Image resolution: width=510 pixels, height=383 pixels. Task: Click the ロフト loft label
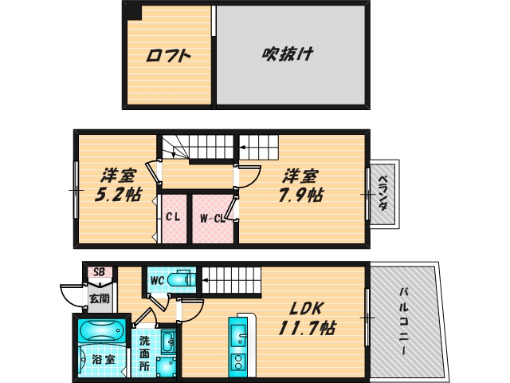pos(169,56)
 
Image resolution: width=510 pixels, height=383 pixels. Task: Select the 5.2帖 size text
pos(116,194)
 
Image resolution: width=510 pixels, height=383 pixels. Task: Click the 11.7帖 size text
pos(307,328)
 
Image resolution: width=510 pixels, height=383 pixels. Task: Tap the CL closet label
pos(173,217)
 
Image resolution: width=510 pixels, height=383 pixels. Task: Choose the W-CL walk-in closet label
pos(211,217)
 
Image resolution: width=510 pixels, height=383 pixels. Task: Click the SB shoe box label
pos(99,272)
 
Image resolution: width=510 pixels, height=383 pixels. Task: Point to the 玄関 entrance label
pos(99,298)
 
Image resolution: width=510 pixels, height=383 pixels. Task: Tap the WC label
pos(156,279)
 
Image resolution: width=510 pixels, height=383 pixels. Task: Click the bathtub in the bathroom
pos(100,330)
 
